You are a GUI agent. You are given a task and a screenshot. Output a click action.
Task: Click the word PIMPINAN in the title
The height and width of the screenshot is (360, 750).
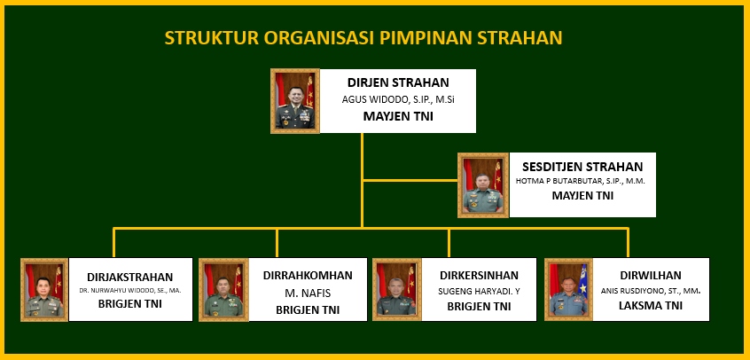coord(426,37)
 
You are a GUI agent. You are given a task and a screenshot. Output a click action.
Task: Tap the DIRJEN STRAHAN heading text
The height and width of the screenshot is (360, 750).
coord(398,82)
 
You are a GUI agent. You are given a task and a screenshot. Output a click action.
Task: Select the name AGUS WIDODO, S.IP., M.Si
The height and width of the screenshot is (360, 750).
coord(396,100)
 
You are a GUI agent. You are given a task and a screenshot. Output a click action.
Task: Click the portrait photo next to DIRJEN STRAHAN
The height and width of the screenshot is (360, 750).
coord(295,100)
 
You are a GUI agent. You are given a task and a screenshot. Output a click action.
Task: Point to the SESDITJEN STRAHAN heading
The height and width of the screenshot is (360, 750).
coord(582,167)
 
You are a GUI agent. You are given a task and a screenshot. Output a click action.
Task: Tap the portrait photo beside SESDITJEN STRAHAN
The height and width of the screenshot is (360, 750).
coord(483,185)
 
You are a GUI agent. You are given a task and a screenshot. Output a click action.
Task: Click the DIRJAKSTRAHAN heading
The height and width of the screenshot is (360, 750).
coord(130,278)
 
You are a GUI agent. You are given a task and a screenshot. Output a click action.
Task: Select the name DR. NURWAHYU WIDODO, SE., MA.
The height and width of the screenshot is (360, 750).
coord(130,290)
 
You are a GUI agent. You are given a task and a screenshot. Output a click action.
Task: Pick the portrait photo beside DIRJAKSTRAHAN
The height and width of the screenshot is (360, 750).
coord(44,290)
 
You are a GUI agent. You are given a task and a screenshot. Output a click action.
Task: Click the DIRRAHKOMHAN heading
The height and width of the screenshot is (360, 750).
coord(308,275)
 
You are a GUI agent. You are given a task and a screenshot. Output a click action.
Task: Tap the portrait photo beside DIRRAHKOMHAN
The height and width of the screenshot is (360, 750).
coord(224,290)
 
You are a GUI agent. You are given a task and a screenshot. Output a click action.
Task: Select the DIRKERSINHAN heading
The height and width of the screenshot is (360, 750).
coord(479,275)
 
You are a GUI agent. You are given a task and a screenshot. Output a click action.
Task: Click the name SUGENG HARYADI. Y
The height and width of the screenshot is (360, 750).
coord(479,291)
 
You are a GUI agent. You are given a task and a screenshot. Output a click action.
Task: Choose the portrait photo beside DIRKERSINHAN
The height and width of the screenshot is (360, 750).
coord(397,290)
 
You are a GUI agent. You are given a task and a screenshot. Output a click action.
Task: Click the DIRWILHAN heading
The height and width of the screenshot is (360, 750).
coord(651,275)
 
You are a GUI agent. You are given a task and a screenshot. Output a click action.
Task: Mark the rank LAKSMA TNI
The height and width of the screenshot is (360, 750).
coord(651,306)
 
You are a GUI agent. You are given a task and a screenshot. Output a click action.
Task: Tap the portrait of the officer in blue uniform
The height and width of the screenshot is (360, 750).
coord(569,290)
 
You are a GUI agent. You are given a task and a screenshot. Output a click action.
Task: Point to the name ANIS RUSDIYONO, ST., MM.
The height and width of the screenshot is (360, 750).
coord(651,291)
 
